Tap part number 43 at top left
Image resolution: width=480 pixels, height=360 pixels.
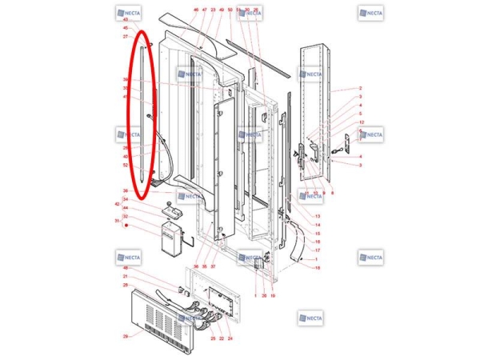[x=126, y=18]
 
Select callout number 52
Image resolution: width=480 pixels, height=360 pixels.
[x=126, y=165]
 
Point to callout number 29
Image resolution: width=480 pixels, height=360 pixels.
[x=126, y=337]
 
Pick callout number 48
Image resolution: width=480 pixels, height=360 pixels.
[x=126, y=268]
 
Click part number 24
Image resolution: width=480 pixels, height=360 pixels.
[x=230, y=339]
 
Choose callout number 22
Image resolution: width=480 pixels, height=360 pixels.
[x=222, y=339]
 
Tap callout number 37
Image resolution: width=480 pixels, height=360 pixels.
[x=214, y=266]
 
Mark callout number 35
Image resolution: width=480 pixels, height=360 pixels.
[x=205, y=266]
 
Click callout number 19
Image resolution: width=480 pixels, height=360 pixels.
[x=273, y=296]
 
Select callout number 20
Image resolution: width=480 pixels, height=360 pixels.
[x=264, y=296]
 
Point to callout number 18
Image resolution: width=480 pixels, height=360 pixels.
[x=318, y=268]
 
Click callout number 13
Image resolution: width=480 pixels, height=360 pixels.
[x=318, y=217]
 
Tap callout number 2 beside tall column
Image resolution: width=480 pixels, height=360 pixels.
[x=360, y=89]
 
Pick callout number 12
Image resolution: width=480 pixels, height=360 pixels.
[x=360, y=122]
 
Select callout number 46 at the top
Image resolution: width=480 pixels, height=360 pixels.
[x=196, y=10]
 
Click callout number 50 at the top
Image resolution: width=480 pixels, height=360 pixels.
[x=230, y=10]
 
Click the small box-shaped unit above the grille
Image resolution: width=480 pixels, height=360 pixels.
[x=172, y=238]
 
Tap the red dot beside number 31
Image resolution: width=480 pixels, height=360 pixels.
[x=126, y=226]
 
